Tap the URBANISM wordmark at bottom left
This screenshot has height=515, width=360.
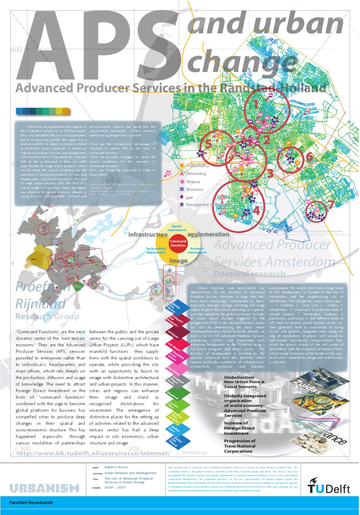click(x=44, y=488)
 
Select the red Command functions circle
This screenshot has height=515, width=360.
click(x=178, y=243)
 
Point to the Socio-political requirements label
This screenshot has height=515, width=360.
click(x=156, y=250)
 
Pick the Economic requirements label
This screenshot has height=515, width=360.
click(x=197, y=250)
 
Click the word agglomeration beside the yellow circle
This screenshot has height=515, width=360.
click(x=208, y=234)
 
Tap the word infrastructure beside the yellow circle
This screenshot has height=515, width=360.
click(x=148, y=234)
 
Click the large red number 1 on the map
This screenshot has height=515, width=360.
click(x=255, y=104)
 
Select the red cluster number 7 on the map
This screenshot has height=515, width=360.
click(x=330, y=205)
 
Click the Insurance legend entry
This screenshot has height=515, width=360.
click(x=195, y=190)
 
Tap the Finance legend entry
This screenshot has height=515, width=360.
click(x=193, y=182)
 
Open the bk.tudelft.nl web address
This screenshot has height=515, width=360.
click(x=93, y=453)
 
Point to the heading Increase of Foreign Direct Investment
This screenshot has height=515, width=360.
click(x=239, y=428)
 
